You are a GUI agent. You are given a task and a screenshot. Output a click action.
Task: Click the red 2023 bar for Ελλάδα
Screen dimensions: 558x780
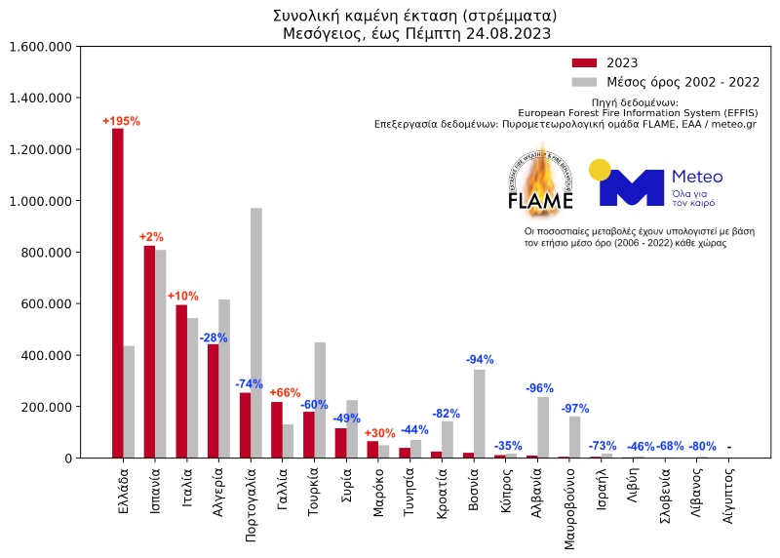tap(117, 293)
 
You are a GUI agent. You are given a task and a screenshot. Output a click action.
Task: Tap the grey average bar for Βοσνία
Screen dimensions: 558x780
tap(480, 400)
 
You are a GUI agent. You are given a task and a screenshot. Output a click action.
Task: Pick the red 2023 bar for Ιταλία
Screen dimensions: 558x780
tap(181, 381)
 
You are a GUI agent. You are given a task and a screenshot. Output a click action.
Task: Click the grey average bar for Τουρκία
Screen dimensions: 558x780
tap(320, 400)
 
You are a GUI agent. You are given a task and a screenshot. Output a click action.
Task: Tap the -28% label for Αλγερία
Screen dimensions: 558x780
tap(214, 338)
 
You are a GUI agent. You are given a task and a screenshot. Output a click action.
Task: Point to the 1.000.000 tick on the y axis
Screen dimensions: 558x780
tap(40, 201)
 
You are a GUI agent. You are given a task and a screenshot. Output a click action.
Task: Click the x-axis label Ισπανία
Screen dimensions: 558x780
tap(156, 494)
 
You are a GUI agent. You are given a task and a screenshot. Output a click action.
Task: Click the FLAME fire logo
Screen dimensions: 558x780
tap(540, 181)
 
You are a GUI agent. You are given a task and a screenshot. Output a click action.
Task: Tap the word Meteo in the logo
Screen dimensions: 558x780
tap(697, 177)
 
